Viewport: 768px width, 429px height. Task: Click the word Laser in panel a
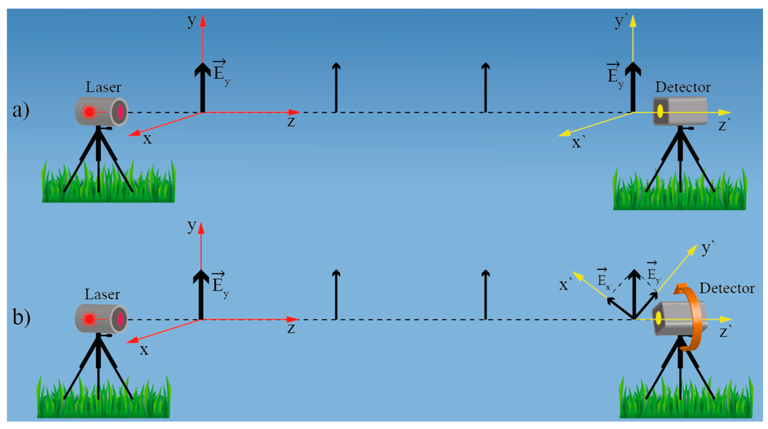click(x=103, y=87)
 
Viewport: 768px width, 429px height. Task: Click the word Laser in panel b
click(x=102, y=295)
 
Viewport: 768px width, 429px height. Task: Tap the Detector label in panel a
click(x=683, y=87)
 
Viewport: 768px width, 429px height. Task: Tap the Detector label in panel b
click(x=727, y=288)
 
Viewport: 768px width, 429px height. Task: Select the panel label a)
click(x=21, y=110)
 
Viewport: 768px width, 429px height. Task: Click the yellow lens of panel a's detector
click(x=660, y=111)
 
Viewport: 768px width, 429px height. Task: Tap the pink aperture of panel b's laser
click(x=120, y=319)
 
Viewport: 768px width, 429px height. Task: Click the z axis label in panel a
click(x=291, y=122)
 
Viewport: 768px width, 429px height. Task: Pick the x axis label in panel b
click(x=144, y=350)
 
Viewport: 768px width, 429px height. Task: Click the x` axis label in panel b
click(x=565, y=285)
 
